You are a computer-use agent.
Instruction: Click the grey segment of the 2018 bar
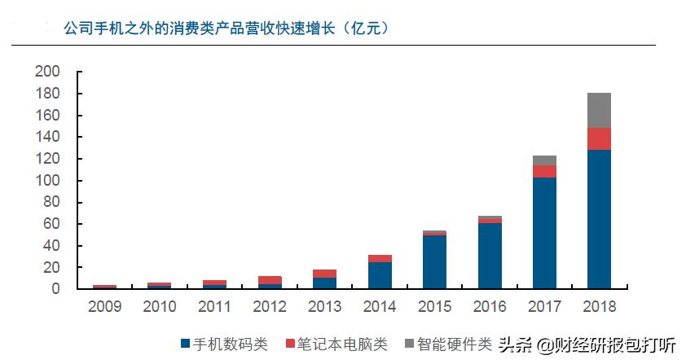pyautogui.click(x=599, y=110)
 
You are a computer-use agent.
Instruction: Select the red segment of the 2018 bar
pyautogui.click(x=599, y=138)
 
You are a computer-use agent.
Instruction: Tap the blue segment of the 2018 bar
pyautogui.click(x=599, y=219)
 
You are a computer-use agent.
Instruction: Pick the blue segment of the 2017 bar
pyautogui.click(x=543, y=233)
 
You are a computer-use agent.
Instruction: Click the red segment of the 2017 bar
pyautogui.click(x=543, y=171)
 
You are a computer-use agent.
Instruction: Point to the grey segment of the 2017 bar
pyautogui.click(x=543, y=160)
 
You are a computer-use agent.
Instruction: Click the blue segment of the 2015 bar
pyautogui.click(x=434, y=261)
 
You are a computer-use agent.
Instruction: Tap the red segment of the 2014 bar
pyautogui.click(x=380, y=258)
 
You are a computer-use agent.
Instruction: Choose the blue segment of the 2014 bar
pyautogui.click(x=380, y=275)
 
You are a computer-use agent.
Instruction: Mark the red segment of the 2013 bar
pyautogui.click(x=325, y=274)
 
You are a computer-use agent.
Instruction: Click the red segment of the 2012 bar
pyautogui.click(x=270, y=280)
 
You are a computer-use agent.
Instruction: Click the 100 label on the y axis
pyautogui.click(x=48, y=181)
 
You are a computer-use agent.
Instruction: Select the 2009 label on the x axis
pyautogui.click(x=105, y=307)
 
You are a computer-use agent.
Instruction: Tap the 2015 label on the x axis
pyautogui.click(x=434, y=307)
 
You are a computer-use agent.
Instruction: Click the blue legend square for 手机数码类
pyautogui.click(x=185, y=344)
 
